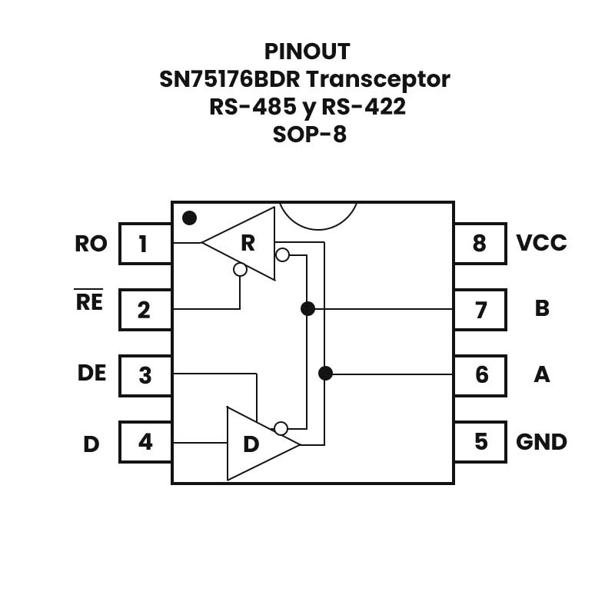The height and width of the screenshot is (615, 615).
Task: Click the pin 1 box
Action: click(x=145, y=244)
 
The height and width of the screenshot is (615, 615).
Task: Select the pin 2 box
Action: click(x=145, y=310)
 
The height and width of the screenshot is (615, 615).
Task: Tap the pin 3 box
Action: click(x=145, y=376)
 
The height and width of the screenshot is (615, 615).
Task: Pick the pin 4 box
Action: click(x=145, y=442)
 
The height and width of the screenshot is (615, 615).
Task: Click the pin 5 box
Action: click(x=480, y=442)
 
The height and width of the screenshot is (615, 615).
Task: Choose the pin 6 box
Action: click(x=480, y=375)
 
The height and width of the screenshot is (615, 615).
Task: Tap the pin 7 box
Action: click(x=480, y=310)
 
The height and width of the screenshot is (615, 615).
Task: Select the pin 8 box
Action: click(x=480, y=244)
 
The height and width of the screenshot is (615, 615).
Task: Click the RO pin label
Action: click(x=91, y=244)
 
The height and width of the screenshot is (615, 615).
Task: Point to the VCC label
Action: click(x=541, y=243)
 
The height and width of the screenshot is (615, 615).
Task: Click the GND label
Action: click(x=541, y=442)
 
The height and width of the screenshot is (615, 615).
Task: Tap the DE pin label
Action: click(x=91, y=373)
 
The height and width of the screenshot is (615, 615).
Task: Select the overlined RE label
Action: click(x=89, y=301)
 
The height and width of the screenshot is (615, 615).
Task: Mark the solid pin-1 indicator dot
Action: click(x=189, y=218)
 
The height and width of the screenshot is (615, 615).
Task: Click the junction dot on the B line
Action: click(x=307, y=309)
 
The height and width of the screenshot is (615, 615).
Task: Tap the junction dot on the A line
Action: click(x=325, y=374)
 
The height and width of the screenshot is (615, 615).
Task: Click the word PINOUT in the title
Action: click(x=307, y=52)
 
